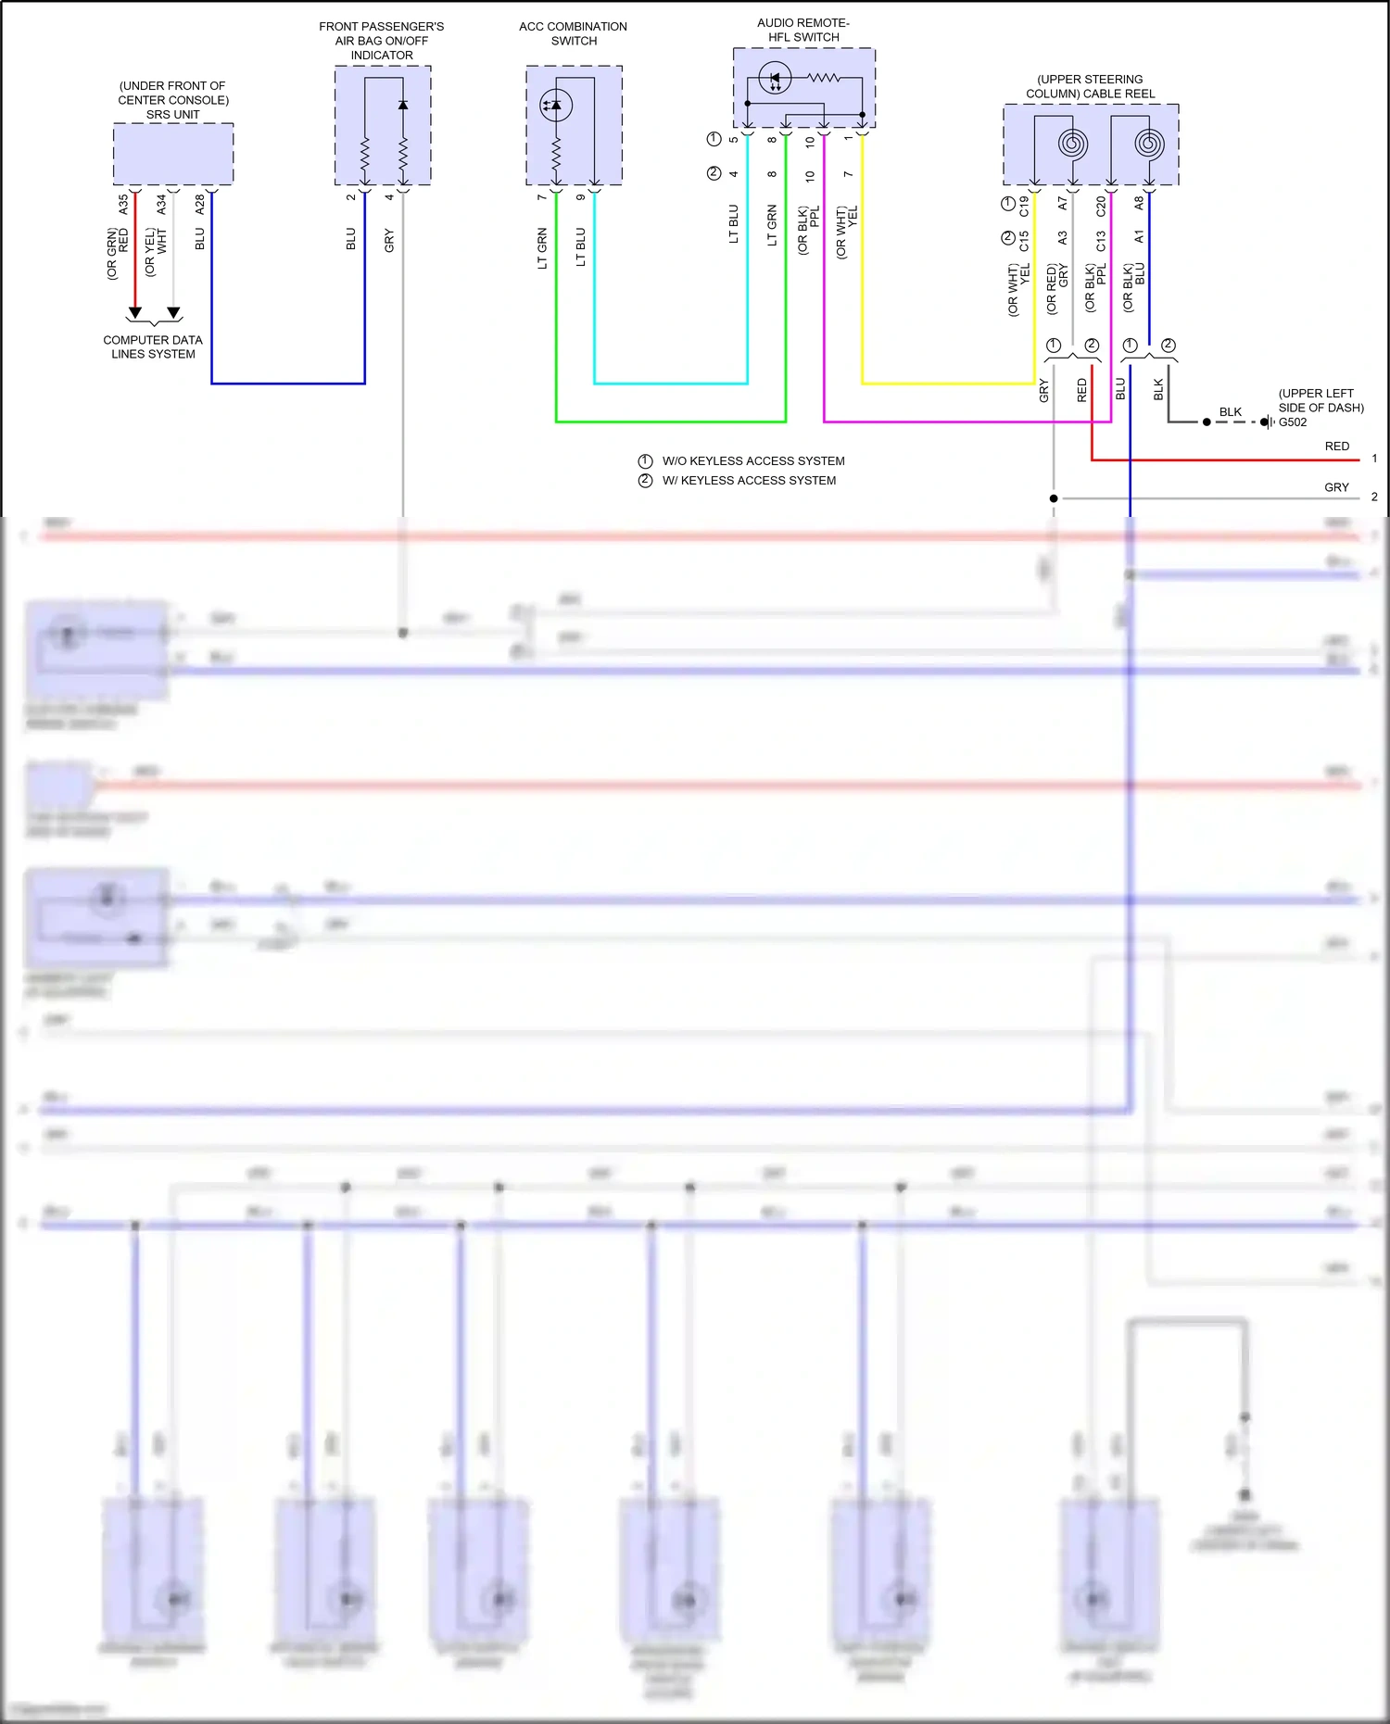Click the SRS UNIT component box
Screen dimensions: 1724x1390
(x=173, y=154)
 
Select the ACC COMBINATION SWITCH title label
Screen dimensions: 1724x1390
(x=573, y=33)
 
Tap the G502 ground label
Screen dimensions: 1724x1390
(x=1293, y=422)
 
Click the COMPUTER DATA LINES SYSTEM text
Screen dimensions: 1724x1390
(x=153, y=347)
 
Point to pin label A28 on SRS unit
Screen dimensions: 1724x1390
(x=200, y=205)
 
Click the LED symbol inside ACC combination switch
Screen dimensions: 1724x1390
(x=556, y=106)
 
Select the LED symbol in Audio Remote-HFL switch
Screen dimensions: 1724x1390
(x=775, y=79)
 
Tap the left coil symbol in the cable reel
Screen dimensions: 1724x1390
(x=1072, y=144)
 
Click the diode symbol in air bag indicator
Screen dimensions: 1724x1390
(x=403, y=106)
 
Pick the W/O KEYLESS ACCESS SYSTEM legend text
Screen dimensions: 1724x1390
(x=752, y=461)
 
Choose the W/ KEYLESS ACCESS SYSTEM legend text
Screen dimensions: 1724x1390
(x=749, y=481)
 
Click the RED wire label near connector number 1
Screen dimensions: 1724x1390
(x=1336, y=447)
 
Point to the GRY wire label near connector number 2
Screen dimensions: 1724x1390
(x=1336, y=487)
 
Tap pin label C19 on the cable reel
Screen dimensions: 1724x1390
(x=1024, y=206)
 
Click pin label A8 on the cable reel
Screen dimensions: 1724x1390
(x=1139, y=202)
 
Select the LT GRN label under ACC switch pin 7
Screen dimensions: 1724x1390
(x=542, y=248)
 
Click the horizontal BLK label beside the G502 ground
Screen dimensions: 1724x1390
(x=1230, y=412)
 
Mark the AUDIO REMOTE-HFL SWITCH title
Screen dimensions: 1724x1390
(x=802, y=30)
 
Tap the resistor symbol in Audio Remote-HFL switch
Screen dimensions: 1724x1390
(x=824, y=79)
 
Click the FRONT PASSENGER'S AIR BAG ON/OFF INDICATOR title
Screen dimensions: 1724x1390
(x=382, y=41)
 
